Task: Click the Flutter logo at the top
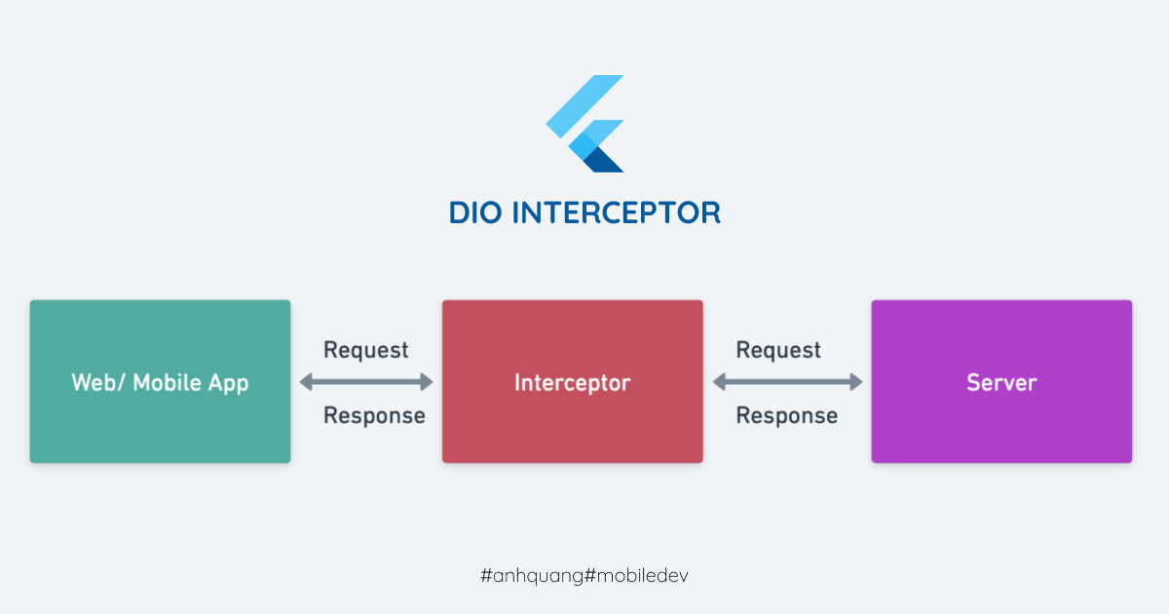click(585, 124)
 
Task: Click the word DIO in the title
click(475, 213)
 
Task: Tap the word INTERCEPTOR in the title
click(617, 213)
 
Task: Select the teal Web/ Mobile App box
click(160, 381)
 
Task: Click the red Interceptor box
click(573, 381)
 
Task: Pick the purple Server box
click(1001, 381)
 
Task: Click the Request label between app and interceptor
click(366, 350)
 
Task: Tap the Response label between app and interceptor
click(374, 416)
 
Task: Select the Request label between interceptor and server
click(778, 350)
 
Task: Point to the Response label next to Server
click(786, 416)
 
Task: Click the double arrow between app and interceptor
click(366, 382)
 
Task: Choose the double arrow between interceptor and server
click(787, 382)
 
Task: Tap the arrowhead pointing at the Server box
click(856, 382)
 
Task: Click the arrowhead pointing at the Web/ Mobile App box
click(306, 382)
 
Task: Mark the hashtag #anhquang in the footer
click(532, 576)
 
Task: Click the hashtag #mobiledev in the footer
click(636, 575)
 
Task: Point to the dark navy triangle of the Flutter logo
click(604, 161)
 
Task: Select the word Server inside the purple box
click(1001, 383)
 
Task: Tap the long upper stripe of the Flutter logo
click(585, 106)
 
